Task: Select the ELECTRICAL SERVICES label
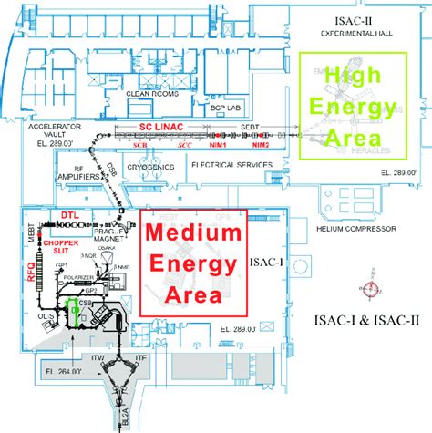(231, 164)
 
